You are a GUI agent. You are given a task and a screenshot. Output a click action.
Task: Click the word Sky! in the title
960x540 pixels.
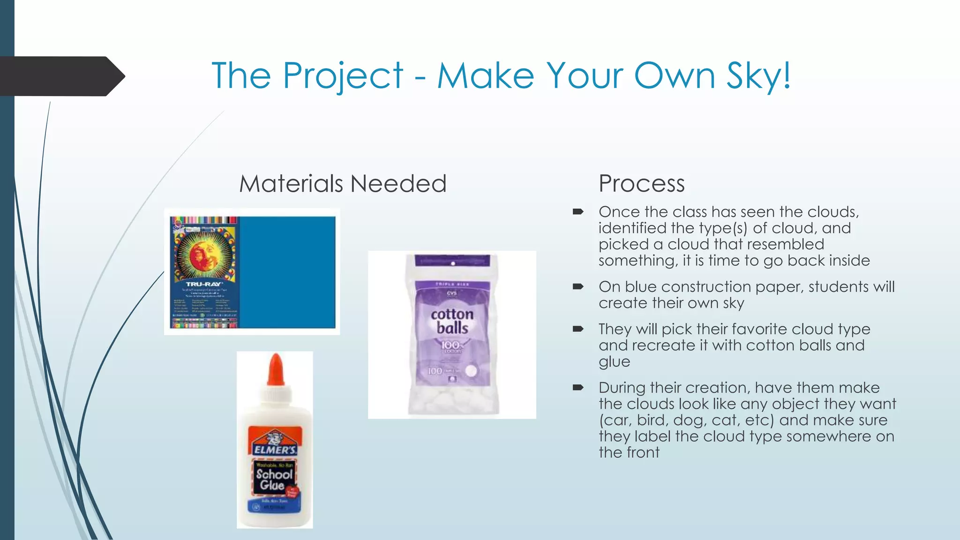758,76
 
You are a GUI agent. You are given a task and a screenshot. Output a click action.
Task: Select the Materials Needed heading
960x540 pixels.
343,183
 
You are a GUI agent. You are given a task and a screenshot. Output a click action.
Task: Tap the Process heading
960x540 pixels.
641,183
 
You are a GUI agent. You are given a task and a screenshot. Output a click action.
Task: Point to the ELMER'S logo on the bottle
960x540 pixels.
275,449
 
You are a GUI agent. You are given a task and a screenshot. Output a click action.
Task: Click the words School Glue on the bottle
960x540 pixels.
274,479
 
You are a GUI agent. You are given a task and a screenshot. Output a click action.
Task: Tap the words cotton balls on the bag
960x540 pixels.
452,321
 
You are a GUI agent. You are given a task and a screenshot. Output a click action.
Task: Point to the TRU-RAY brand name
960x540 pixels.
204,284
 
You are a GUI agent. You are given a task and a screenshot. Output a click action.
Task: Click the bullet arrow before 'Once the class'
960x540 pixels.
577,212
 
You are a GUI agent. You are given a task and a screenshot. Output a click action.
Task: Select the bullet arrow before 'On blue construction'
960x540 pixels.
577,286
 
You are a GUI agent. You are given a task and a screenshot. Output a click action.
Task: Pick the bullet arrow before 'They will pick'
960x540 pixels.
577,329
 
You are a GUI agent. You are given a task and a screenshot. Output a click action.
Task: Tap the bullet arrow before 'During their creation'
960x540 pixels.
577,388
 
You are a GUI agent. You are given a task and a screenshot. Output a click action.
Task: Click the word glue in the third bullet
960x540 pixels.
614,362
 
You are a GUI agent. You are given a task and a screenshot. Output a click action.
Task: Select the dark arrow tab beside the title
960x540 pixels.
61,76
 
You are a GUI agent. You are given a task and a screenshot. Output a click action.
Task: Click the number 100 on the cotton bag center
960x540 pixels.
450,345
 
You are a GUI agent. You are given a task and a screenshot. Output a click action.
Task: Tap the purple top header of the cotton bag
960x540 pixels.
453,261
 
